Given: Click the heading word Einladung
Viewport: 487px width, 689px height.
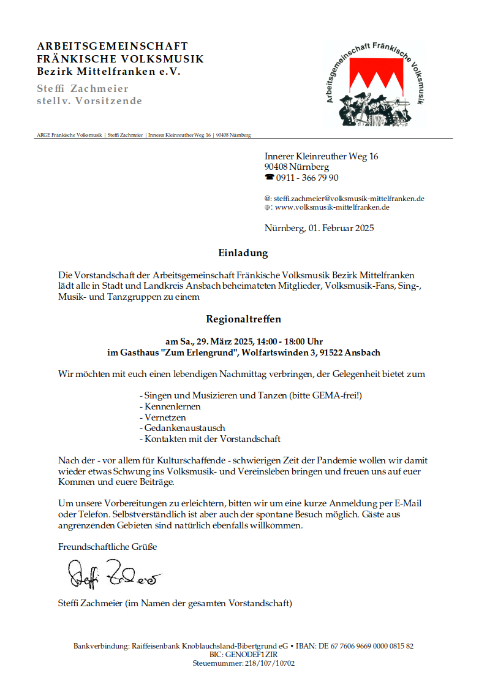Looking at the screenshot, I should [x=243, y=253].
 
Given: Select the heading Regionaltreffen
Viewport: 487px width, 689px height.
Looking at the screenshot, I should [x=243, y=319].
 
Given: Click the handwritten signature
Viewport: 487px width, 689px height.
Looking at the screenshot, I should [x=113, y=574].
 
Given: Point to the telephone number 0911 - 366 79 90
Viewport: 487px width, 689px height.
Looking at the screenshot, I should [x=307, y=178].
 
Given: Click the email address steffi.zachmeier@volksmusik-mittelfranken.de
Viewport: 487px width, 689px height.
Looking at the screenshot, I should [x=349, y=199].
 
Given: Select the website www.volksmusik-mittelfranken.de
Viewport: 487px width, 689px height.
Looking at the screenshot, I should [x=332, y=207].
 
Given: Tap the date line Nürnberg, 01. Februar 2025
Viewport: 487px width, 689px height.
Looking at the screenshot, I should [x=319, y=229].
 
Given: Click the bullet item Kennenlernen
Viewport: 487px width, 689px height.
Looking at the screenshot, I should [x=172, y=406].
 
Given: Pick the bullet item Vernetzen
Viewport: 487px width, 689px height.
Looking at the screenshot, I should [x=165, y=417].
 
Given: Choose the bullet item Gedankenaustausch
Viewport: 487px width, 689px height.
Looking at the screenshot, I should [x=184, y=428].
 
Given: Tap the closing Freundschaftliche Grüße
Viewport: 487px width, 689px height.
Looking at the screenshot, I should [x=107, y=546].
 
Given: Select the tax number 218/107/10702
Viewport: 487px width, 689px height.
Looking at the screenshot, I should [x=270, y=663].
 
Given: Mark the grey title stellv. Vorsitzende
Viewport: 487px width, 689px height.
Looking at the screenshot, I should [x=89, y=101].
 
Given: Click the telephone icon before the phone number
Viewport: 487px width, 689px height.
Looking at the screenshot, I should [x=269, y=178].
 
